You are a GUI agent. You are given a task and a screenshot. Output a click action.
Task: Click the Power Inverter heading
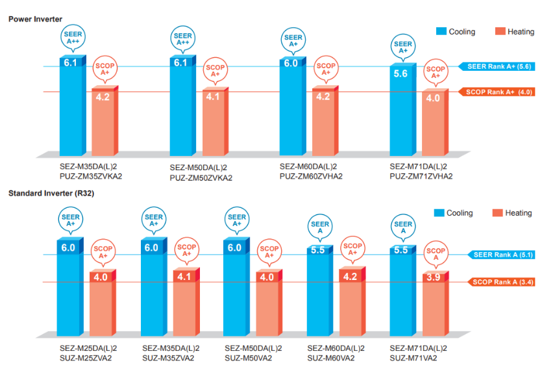click(35, 19)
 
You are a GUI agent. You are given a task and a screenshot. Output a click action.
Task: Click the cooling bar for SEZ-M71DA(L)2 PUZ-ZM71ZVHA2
click(401, 110)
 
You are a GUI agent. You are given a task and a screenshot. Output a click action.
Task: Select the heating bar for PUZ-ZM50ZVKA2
click(214, 123)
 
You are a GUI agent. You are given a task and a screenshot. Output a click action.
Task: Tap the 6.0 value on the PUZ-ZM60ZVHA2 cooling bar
click(290, 63)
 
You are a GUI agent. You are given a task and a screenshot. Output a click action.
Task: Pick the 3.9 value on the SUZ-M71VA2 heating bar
click(436, 277)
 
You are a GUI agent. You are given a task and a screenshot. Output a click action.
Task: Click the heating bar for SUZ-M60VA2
click(352, 305)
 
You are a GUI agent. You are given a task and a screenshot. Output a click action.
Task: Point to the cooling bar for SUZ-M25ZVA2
click(68, 292)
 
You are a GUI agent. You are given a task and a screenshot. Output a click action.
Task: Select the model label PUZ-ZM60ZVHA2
click(311, 176)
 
